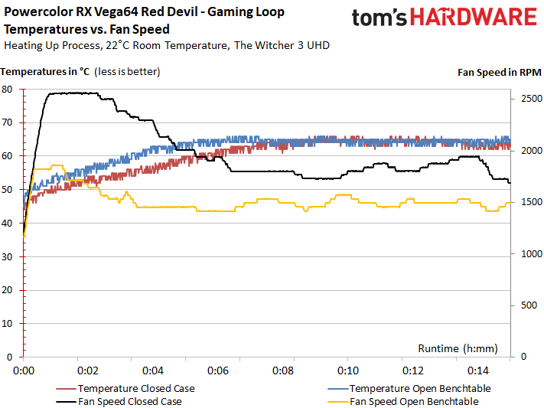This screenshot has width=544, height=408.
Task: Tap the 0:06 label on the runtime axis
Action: tap(218, 370)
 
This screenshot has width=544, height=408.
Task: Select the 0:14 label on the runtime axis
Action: tap(477, 370)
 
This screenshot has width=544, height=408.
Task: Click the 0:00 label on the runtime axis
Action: tap(24, 370)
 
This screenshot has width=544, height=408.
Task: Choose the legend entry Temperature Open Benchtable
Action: tap(415, 388)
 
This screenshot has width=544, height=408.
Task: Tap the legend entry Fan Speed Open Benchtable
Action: tap(414, 401)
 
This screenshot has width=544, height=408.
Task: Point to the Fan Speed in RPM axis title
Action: tap(498, 73)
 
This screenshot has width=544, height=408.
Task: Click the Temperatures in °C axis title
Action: tap(46, 73)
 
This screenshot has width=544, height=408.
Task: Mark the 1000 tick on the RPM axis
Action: tap(526, 253)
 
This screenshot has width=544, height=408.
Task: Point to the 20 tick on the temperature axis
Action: tap(8, 289)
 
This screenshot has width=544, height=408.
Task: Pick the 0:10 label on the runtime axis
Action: tap(347, 370)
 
